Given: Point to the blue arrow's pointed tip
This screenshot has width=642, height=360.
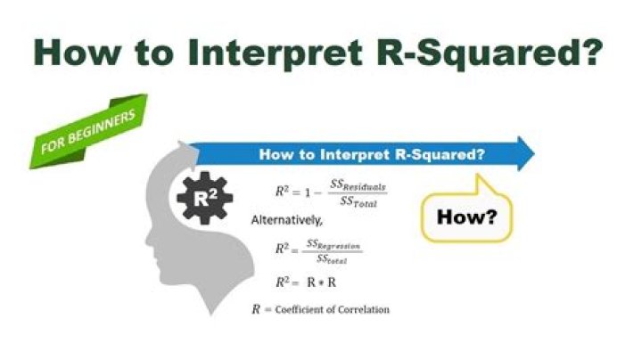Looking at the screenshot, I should tap(534, 153).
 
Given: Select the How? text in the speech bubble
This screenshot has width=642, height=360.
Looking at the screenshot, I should tap(465, 217).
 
